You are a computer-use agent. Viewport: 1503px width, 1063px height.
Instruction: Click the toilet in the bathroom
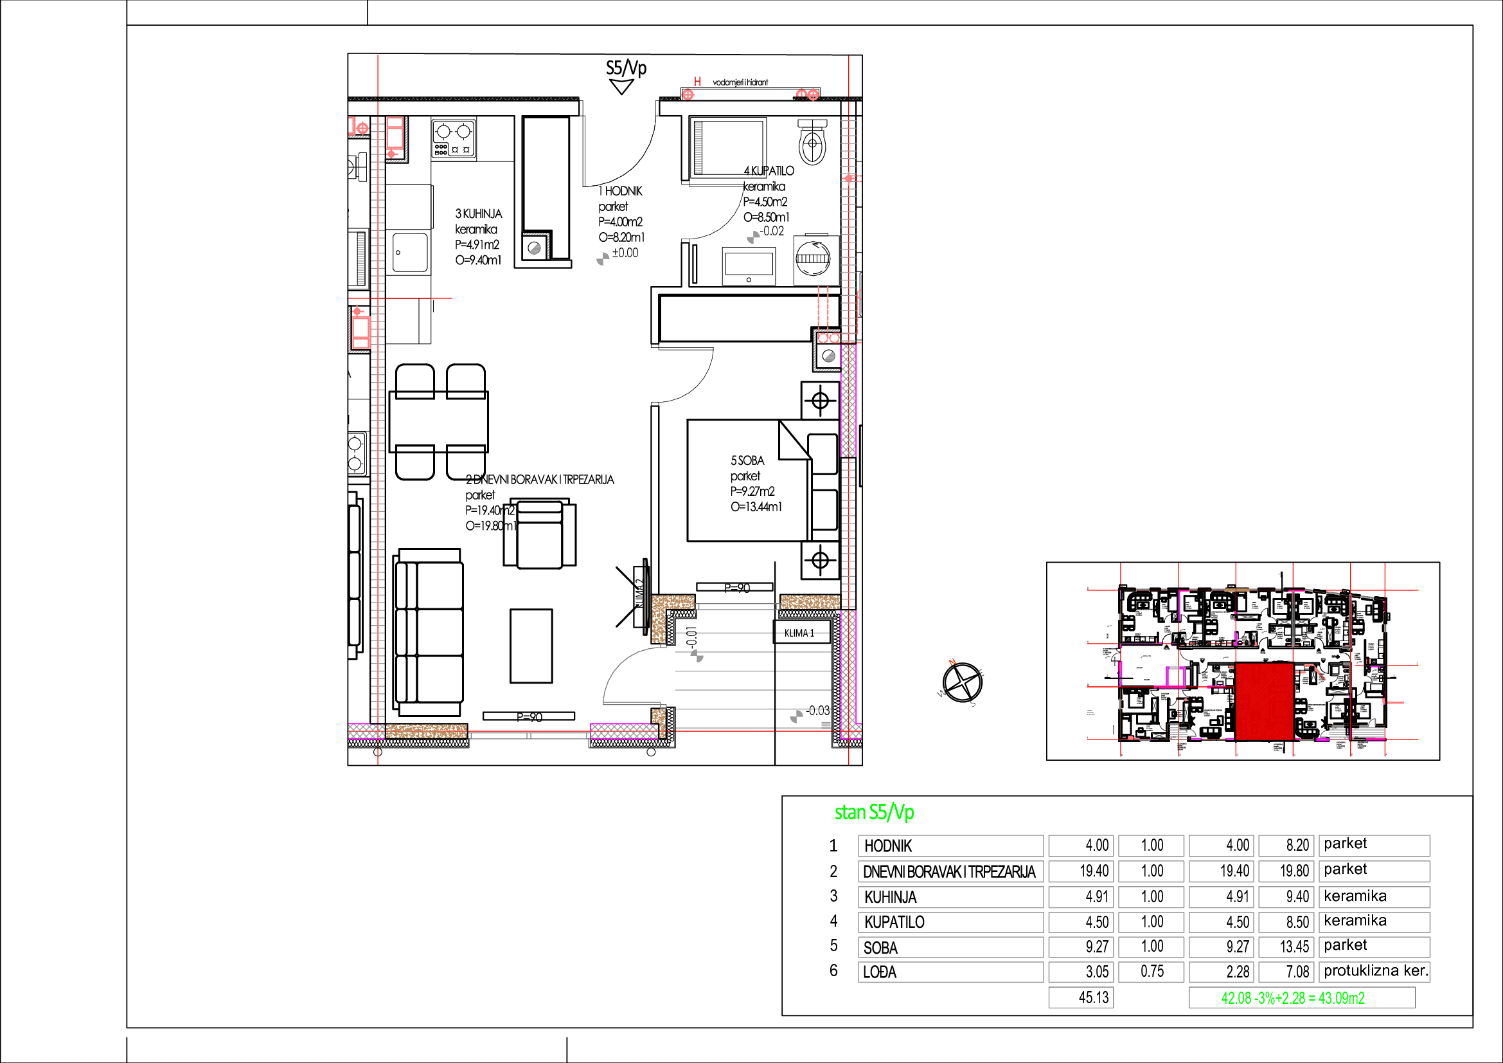[x=812, y=142]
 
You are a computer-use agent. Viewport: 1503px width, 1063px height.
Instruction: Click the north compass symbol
[x=963, y=682]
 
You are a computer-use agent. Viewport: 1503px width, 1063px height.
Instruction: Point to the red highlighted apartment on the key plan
[x=1264, y=701]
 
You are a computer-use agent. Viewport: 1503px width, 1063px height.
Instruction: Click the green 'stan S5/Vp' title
[x=874, y=812]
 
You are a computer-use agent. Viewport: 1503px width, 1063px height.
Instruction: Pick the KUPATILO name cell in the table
[x=950, y=922]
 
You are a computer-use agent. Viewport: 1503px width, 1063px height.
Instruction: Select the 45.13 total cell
[x=1081, y=997]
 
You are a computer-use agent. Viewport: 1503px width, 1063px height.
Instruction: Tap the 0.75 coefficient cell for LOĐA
[x=1151, y=971]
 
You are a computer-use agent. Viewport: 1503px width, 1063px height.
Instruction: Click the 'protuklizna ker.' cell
[x=1374, y=971]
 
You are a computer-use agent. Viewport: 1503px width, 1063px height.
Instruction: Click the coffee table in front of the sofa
[x=531, y=646]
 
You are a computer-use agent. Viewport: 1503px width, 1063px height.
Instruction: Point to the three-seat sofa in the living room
[x=429, y=632]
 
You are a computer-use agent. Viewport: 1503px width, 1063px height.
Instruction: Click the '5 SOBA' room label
[x=747, y=460]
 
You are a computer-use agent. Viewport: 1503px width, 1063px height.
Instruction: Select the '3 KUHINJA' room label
[x=479, y=214]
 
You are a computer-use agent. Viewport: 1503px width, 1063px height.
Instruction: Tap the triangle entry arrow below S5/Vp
[x=621, y=86]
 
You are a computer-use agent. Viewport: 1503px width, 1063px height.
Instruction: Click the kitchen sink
[x=410, y=252]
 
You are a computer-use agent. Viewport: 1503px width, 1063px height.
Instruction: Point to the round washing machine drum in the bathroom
[x=813, y=257]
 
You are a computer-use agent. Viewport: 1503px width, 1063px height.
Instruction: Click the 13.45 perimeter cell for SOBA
[x=1286, y=947]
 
